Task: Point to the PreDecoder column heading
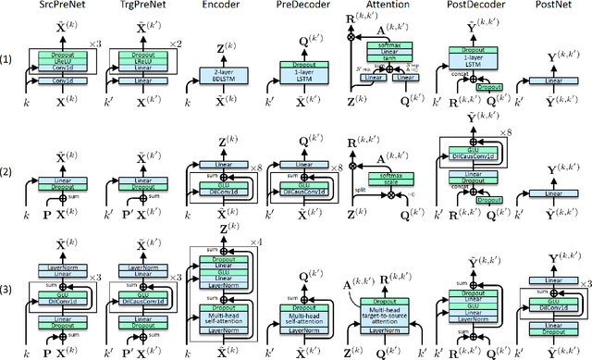(298, 7)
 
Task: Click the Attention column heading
(380, 7)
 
